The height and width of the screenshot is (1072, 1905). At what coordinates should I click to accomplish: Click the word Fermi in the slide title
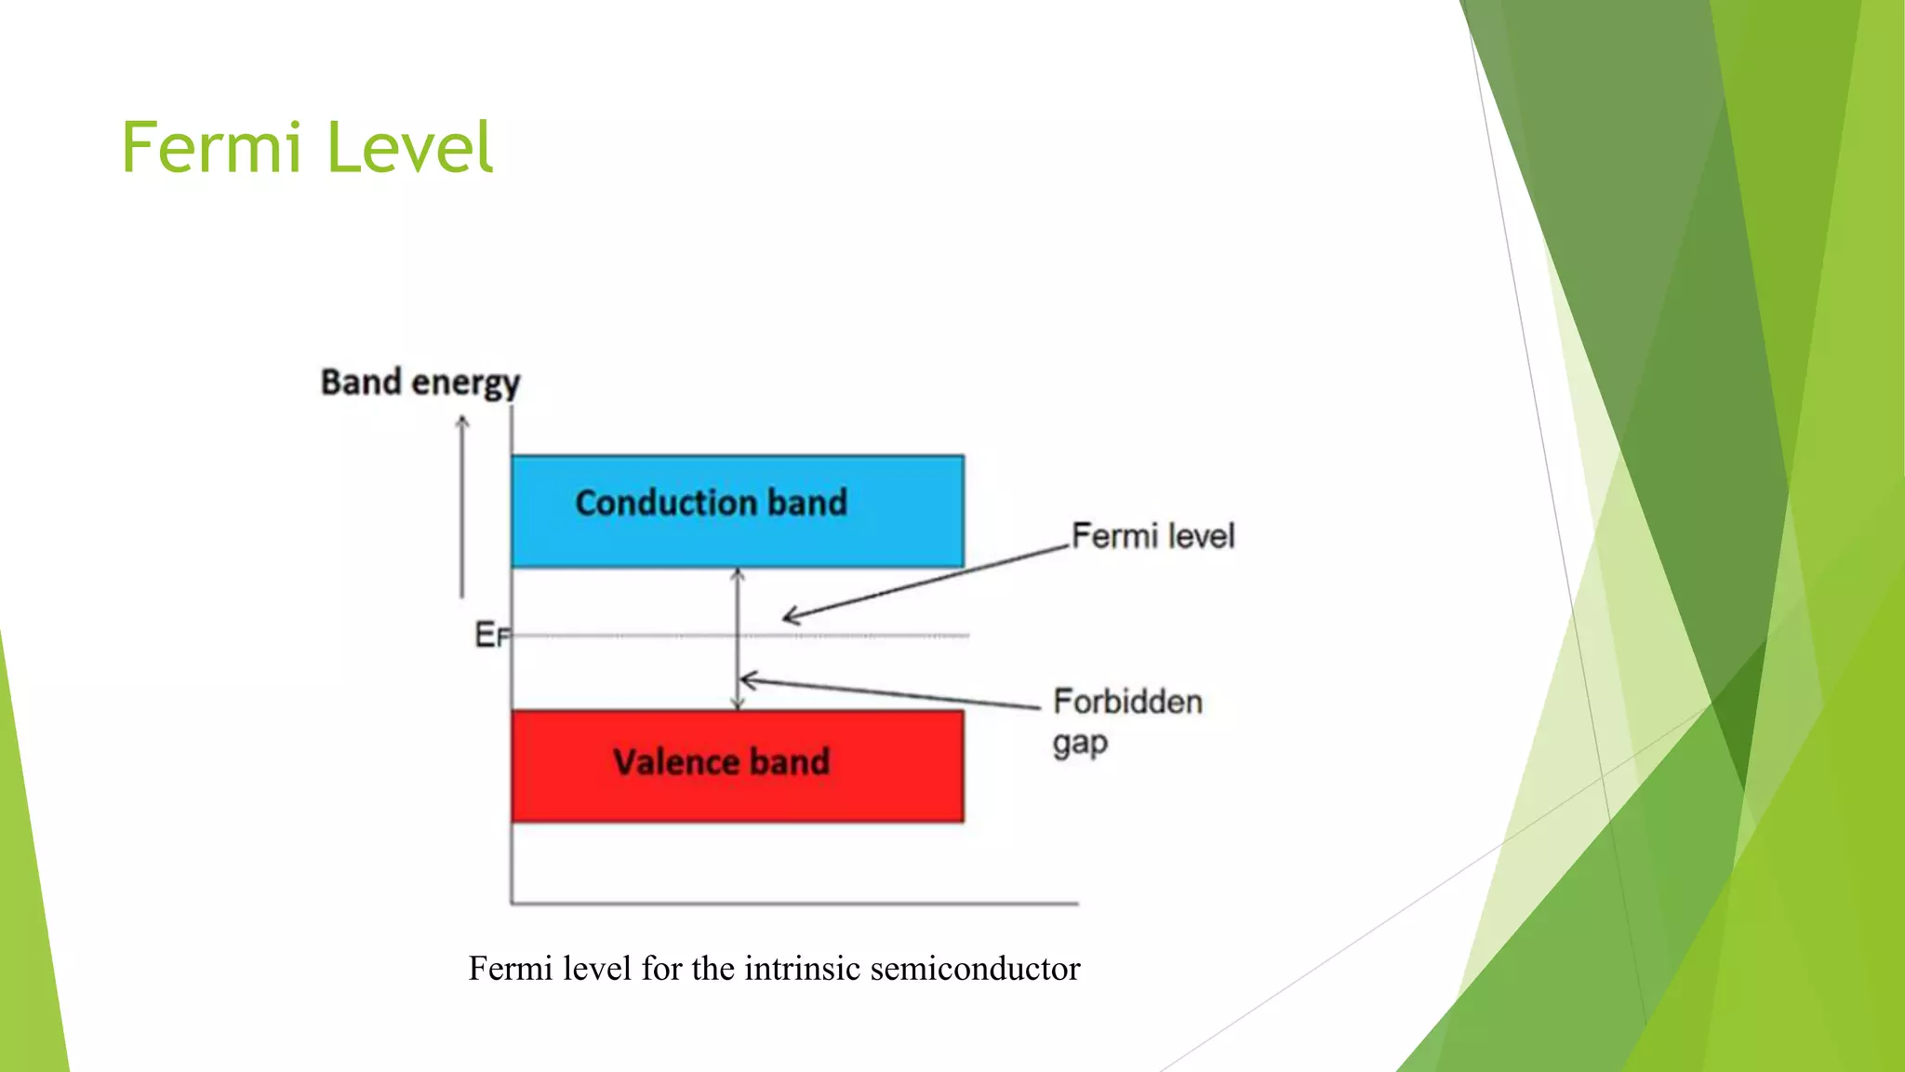click(211, 148)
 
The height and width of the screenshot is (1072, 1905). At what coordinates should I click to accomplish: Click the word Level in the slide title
click(409, 148)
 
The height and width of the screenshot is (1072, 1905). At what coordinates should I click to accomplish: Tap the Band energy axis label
click(420, 382)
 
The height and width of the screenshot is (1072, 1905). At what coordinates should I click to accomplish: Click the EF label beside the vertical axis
click(491, 635)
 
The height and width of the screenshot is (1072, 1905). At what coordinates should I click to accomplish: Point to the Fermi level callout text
click(1152, 536)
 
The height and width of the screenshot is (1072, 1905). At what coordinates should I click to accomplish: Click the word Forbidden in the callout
click(1127, 702)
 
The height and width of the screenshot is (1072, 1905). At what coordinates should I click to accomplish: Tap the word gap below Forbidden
click(1080, 744)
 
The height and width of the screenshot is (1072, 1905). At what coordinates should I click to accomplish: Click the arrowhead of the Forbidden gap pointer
click(746, 680)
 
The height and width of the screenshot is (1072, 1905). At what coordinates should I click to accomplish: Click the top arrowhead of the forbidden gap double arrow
click(738, 573)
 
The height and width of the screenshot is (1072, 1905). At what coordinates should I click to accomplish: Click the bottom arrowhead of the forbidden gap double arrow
click(738, 704)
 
